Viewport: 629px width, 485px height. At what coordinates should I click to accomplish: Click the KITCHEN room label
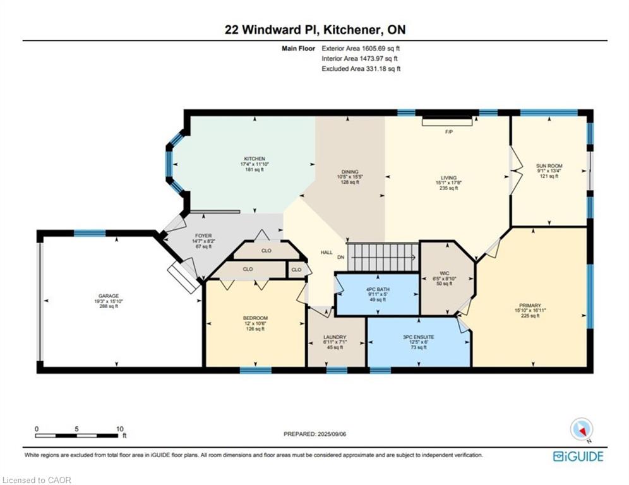(255, 159)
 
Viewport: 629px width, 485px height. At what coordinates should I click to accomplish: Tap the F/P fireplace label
(449, 131)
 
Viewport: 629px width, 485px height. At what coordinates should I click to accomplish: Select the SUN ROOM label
(549, 165)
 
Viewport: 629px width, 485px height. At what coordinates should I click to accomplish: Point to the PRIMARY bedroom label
(530, 305)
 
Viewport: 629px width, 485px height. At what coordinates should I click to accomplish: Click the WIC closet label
(445, 273)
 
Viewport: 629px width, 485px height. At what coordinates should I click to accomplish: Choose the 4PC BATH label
(378, 289)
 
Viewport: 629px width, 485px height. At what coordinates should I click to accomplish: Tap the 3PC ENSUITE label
(419, 337)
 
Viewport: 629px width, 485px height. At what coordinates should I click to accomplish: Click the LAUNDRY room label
(335, 337)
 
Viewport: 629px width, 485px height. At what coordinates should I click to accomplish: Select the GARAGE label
(109, 296)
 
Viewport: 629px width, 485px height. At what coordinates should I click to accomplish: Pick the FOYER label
(203, 236)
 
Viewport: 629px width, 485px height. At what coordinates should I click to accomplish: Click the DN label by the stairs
(340, 257)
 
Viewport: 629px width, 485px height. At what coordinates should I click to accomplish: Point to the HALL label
(326, 253)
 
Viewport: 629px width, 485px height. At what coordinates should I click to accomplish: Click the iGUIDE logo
(578, 457)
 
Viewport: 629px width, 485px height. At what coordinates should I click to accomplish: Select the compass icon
(582, 429)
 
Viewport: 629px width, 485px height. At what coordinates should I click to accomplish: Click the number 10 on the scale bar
(119, 429)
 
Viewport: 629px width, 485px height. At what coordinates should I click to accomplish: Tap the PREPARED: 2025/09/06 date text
(315, 434)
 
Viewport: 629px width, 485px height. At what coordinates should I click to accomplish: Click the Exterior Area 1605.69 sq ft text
(361, 49)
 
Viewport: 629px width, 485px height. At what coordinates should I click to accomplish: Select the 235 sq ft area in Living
(448, 188)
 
